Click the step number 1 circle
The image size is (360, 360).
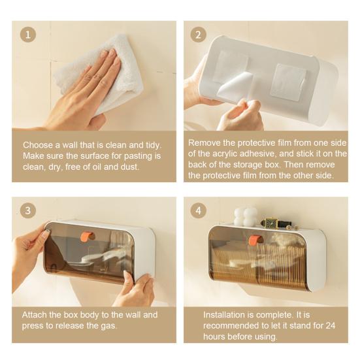tap(28, 35)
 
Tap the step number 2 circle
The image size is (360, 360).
tap(198, 35)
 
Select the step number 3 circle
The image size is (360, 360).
tap(28, 210)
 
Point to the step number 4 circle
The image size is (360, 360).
tap(198, 210)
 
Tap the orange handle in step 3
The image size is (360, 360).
tap(88, 236)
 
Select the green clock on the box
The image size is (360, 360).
tap(269, 223)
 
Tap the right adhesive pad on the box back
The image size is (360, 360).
tap(288, 82)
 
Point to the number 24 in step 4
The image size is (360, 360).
tap(330, 325)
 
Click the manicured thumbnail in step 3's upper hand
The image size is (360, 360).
tap(46, 233)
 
